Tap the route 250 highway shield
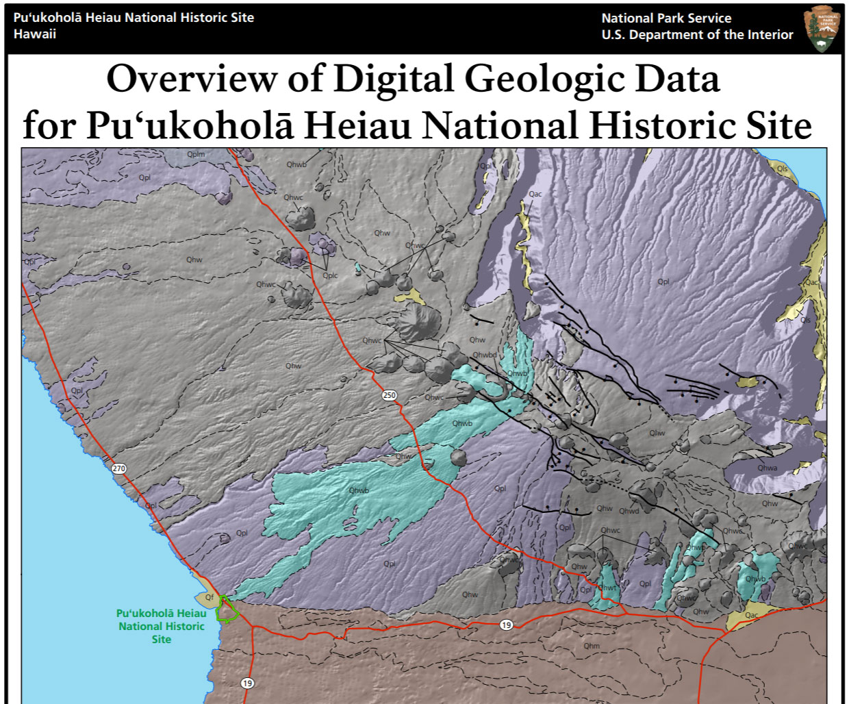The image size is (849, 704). [389, 395]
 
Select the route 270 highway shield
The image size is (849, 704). [119, 468]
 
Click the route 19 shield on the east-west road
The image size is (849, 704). [506, 625]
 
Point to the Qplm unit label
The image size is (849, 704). [196, 155]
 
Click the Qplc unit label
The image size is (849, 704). [330, 275]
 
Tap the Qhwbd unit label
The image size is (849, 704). [484, 355]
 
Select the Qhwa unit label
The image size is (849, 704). [767, 468]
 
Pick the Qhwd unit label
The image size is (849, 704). [629, 511]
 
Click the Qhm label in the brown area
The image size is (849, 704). [592, 646]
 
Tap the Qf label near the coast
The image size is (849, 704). [210, 597]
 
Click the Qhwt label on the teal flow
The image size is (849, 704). [607, 588]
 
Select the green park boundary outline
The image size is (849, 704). [226, 609]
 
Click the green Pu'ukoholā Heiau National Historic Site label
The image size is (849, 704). [161, 626]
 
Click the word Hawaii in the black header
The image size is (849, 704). [35, 34]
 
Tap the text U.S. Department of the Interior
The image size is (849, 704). [697, 35]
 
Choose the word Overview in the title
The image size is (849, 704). [192, 79]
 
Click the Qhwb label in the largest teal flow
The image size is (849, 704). [359, 490]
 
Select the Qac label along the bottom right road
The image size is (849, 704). [751, 615]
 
